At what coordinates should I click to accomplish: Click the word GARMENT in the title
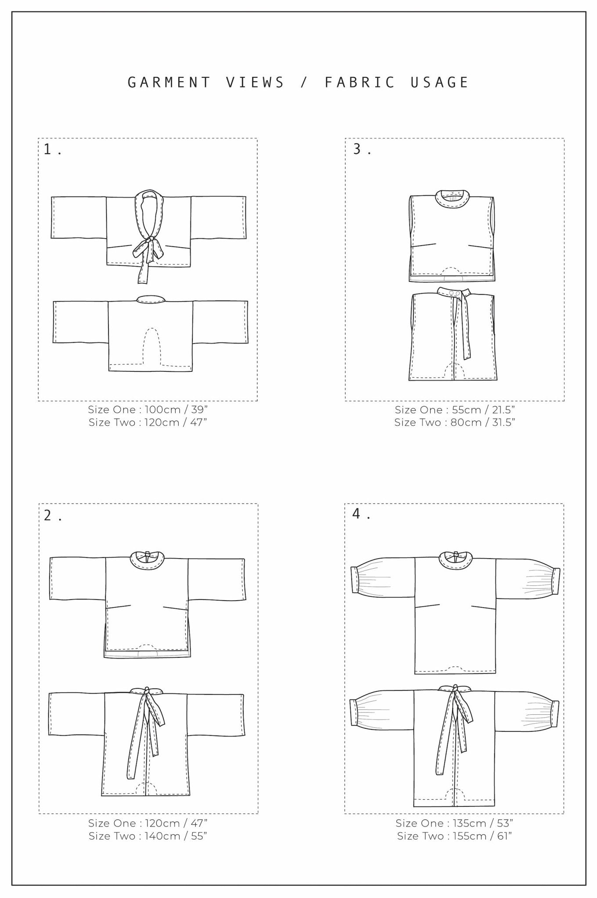(169, 82)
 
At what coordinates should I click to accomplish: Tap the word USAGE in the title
(440, 82)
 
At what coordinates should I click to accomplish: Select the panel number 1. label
(52, 150)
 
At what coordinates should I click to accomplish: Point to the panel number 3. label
(362, 150)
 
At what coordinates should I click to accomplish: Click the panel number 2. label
(52, 516)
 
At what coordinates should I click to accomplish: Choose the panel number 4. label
(361, 514)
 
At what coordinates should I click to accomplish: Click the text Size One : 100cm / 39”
(147, 410)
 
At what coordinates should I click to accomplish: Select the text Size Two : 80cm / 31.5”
(454, 422)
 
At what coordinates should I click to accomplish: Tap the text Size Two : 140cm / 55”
(147, 836)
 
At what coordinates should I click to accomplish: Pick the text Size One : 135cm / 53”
(454, 823)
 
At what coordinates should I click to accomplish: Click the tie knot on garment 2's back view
(147, 691)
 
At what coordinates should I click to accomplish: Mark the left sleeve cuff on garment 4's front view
(357, 581)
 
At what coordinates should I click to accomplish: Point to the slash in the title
(304, 82)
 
